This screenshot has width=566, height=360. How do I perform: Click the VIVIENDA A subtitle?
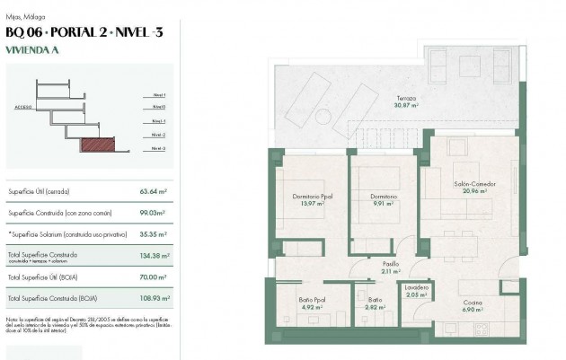32,51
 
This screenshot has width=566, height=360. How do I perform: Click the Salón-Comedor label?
474,183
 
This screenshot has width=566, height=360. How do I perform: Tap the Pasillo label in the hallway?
391,264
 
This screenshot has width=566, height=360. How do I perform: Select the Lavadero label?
416,287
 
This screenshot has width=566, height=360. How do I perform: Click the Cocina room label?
473,302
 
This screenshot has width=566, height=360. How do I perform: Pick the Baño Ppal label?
311,301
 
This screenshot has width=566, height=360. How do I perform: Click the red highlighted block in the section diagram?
94,143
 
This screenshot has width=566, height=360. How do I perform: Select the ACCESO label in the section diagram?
23,106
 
